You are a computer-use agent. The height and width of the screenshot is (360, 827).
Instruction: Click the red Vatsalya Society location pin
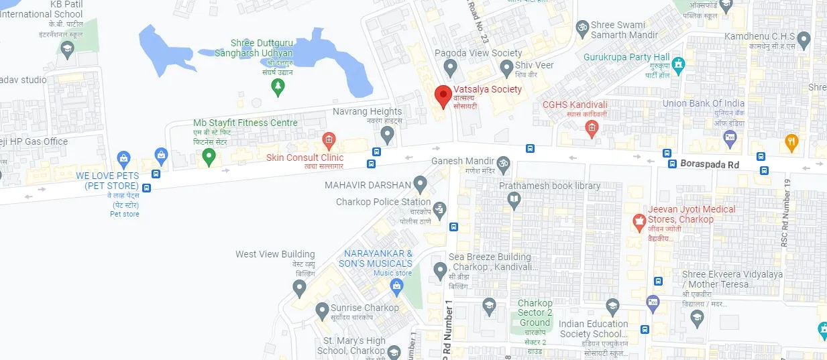441,95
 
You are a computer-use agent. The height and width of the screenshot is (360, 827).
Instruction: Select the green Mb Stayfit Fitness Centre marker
209,156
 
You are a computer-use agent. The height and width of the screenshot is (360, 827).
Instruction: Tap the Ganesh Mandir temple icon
503,162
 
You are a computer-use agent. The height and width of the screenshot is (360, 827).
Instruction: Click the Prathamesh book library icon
514,199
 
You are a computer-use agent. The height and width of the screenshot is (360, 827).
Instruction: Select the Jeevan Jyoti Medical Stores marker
639,220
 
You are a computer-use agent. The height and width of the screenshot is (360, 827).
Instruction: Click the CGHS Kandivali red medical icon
591,130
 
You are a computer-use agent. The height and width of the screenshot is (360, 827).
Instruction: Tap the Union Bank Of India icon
730,139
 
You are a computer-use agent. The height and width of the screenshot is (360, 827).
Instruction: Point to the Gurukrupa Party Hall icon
679,65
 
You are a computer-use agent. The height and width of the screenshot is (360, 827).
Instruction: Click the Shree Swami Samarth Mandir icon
582,27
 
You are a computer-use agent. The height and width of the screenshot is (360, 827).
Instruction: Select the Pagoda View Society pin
451,67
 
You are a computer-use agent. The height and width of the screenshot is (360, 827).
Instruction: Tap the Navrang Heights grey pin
386,134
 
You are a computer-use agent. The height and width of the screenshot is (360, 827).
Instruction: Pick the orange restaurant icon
791,141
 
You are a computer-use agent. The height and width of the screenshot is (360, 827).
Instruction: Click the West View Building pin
300,288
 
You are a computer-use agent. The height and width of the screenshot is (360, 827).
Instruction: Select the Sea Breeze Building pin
440,270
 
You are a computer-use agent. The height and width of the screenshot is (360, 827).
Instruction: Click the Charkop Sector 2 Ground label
535,312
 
